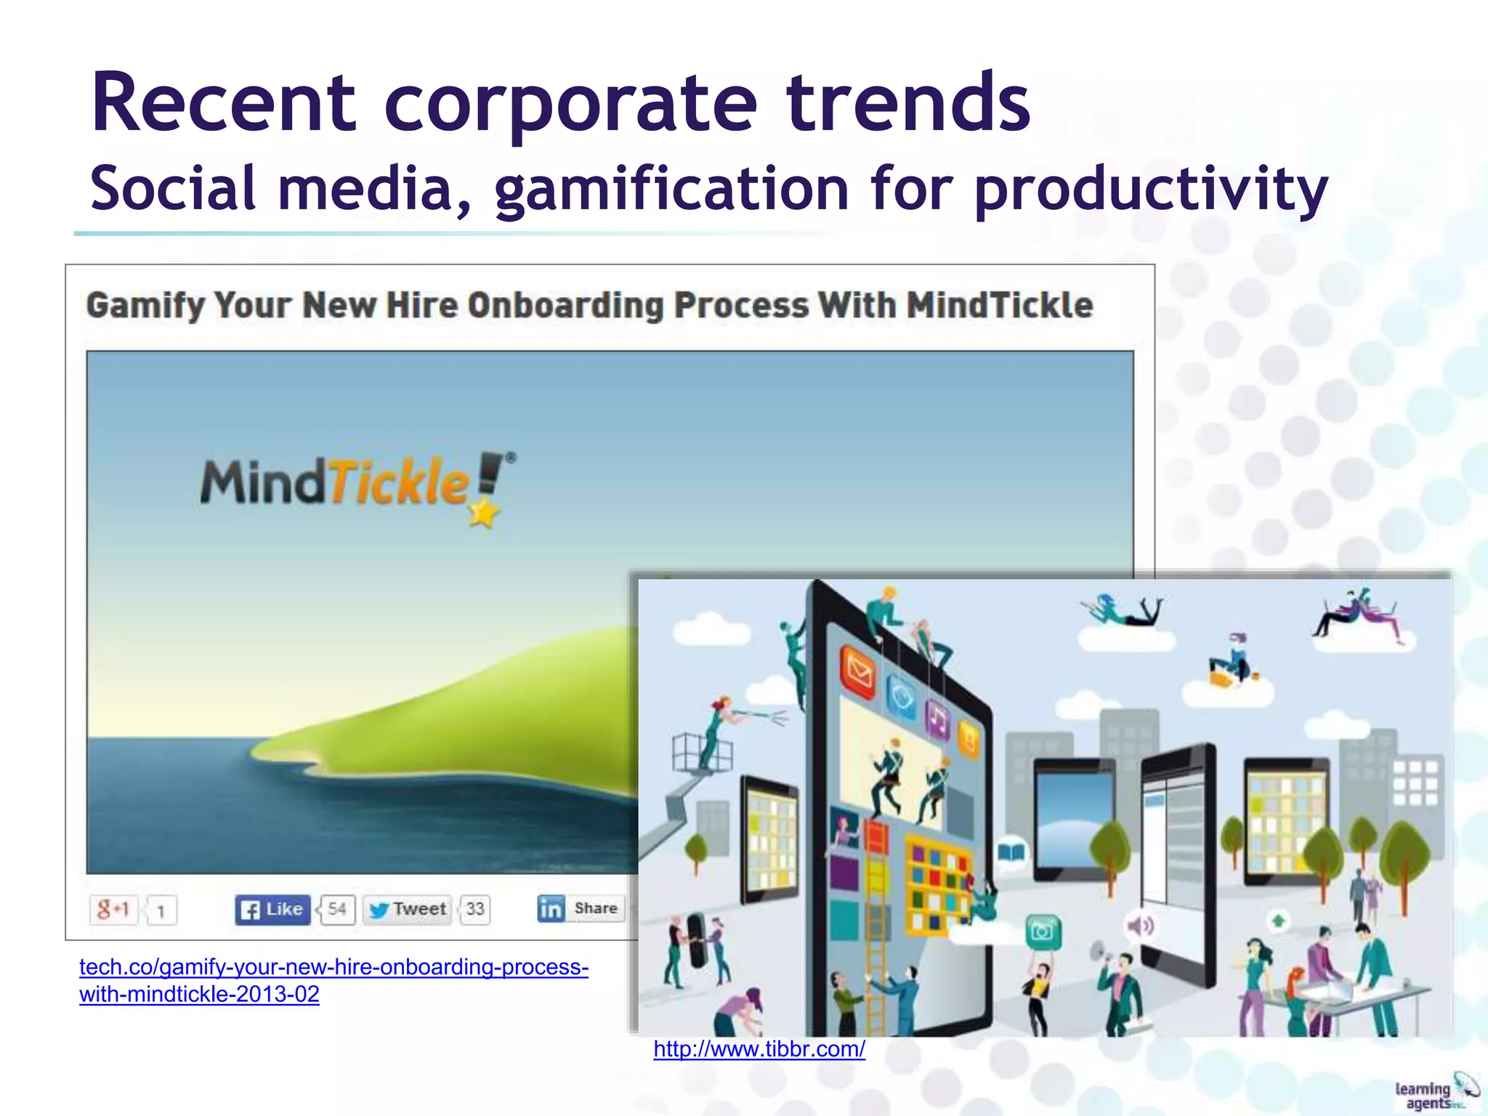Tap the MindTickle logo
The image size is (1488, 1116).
[x=356, y=484]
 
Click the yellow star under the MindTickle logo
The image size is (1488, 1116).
[x=483, y=514]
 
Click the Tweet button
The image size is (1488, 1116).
[x=407, y=909]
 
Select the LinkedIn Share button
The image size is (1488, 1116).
[x=580, y=908]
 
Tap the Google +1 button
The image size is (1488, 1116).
[x=113, y=909]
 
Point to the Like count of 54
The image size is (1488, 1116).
[x=336, y=909]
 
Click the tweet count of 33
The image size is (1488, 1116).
[x=475, y=909]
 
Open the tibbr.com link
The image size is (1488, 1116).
[x=759, y=1049]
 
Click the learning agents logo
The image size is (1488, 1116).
[x=1436, y=1092]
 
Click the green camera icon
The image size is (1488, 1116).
[x=1043, y=931]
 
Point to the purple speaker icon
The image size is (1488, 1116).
[x=1140, y=926]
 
